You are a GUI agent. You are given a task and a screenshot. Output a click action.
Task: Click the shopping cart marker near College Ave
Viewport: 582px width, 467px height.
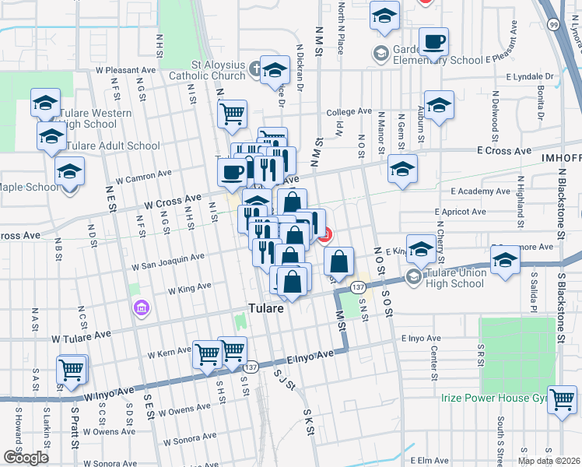coord(232,114)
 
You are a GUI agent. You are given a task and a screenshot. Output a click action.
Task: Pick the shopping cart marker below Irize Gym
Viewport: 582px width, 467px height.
coord(562,400)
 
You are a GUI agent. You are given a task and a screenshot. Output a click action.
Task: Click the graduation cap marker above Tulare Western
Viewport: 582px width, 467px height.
coord(46,102)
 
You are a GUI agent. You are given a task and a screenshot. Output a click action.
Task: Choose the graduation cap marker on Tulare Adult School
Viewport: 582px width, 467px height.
coord(51,136)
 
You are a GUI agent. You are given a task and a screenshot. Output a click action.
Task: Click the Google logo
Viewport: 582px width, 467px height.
coord(25,458)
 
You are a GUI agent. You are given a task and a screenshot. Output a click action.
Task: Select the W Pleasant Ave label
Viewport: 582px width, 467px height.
coord(126,70)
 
